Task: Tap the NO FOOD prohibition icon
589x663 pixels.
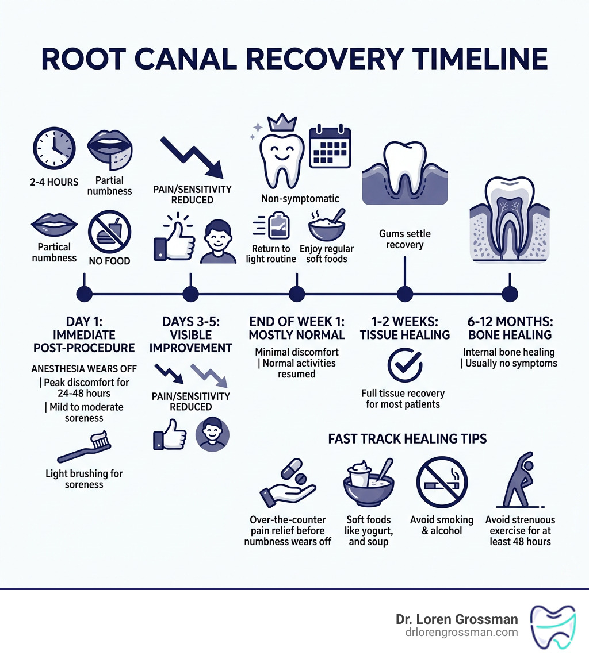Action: [109, 231]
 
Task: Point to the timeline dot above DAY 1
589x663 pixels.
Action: [84, 294]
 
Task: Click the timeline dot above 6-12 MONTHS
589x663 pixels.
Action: [510, 294]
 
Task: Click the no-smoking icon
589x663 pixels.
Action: [442, 483]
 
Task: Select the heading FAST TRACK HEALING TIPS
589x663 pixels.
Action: [407, 439]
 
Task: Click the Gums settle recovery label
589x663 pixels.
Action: [405, 240]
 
